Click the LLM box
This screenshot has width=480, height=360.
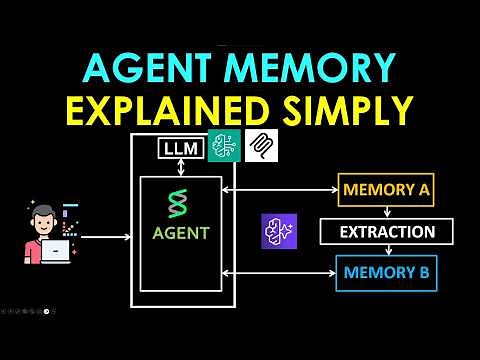pyautogui.click(x=180, y=151)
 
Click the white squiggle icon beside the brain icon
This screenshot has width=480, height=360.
pyautogui.click(x=261, y=147)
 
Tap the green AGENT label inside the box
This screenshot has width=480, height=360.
pyautogui.click(x=181, y=233)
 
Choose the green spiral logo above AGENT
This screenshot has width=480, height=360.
pyautogui.click(x=181, y=205)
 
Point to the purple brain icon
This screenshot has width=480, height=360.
pyautogui.click(x=279, y=231)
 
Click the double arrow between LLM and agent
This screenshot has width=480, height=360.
pyautogui.click(x=180, y=170)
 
